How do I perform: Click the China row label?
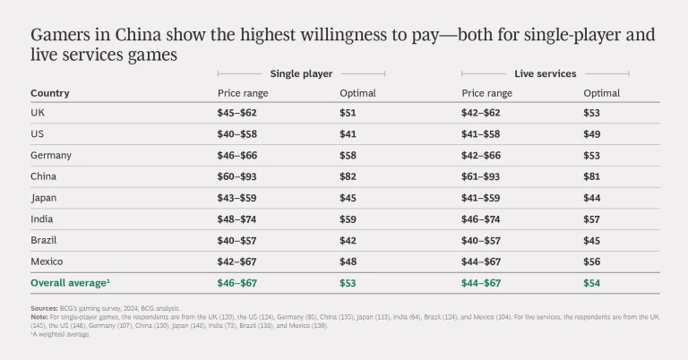coord(43,176)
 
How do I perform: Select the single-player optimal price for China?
coord(348,176)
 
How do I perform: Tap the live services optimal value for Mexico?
coord(591,262)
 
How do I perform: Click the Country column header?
coord(49,93)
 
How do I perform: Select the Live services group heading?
coord(545,73)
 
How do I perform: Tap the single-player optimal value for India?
coord(348,219)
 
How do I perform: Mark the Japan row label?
coord(44,198)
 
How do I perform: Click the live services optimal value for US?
coord(591,134)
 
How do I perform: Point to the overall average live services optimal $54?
coord(591,284)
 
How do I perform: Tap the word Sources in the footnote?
coord(44,308)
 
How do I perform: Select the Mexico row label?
coord(47,262)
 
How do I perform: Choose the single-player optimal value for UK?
coord(348,113)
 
